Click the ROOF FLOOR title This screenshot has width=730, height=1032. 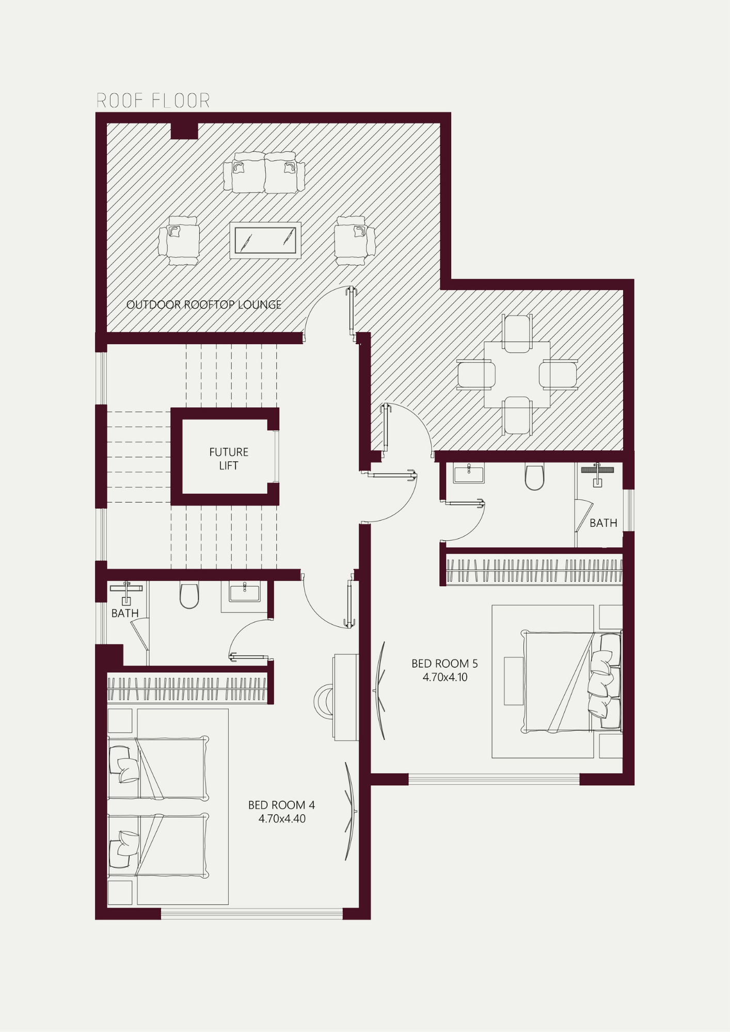click(x=153, y=101)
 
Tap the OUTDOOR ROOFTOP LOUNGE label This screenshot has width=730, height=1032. click(x=204, y=305)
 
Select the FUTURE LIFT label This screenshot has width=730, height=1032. click(x=229, y=459)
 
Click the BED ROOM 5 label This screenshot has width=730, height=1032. click(x=445, y=664)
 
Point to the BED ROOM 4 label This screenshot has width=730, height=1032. click(x=281, y=805)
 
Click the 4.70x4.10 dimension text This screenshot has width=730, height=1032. click(x=445, y=678)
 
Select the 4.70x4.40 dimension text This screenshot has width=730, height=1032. click(x=282, y=819)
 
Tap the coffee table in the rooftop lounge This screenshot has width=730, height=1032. click(x=265, y=240)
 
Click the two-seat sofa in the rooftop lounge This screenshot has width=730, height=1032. click(x=264, y=172)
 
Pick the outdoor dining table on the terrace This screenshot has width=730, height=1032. click(x=517, y=375)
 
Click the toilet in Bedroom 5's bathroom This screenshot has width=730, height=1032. click(x=534, y=477)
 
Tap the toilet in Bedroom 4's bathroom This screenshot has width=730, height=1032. click(x=189, y=595)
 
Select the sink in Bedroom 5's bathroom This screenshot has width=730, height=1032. click(x=469, y=473)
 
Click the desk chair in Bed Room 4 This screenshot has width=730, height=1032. click(x=325, y=701)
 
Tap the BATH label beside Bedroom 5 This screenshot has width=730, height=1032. click(x=604, y=523)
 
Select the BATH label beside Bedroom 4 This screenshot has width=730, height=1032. click(x=125, y=614)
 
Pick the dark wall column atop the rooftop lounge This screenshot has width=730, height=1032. click(x=184, y=131)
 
